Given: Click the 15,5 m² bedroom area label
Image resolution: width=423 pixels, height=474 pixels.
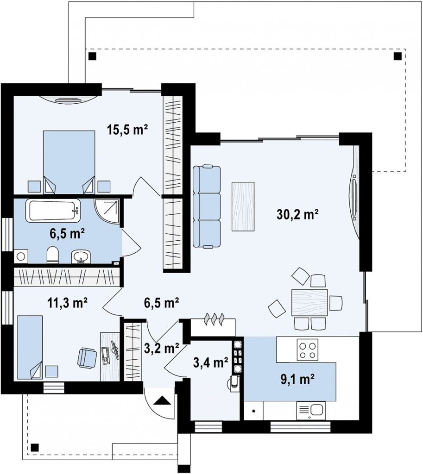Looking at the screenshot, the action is pyautogui.click(x=127, y=130).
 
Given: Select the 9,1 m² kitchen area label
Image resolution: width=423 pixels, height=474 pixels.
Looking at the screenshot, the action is pyautogui.click(x=297, y=380).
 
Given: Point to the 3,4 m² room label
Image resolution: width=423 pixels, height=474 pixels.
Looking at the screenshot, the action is pyautogui.click(x=211, y=362).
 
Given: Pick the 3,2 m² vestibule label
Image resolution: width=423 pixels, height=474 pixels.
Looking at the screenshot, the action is pyautogui.click(x=161, y=348).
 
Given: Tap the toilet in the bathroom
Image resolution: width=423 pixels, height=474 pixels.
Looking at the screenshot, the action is pyautogui.click(x=53, y=255).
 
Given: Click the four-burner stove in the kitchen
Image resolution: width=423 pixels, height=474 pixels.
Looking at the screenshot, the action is pyautogui.click(x=308, y=349).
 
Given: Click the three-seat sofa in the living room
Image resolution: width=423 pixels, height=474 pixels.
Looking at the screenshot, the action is pyautogui.click(x=207, y=207).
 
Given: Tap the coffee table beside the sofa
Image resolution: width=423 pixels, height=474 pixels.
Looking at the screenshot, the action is pyautogui.click(x=243, y=206).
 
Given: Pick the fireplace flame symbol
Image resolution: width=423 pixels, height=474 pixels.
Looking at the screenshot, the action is pyautogui.click(x=214, y=319).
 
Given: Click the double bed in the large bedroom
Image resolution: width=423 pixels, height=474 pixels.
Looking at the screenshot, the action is pyautogui.click(x=69, y=162).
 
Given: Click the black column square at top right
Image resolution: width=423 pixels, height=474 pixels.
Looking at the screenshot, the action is pyautogui.click(x=398, y=56).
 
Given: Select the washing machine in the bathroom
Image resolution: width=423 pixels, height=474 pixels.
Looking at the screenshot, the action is pyautogui.click(x=21, y=256).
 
